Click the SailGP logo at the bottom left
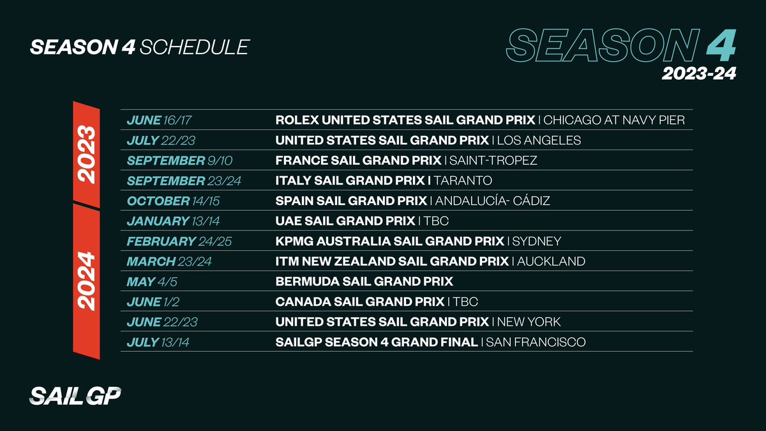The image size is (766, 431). [75, 397]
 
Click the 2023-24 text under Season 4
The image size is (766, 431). [698, 74]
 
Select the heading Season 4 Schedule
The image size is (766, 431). [139, 47]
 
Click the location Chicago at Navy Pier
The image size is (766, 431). [614, 120]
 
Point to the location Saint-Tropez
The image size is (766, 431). [493, 160]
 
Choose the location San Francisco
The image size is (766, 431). [536, 342]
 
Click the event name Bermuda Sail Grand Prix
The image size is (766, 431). [364, 281]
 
